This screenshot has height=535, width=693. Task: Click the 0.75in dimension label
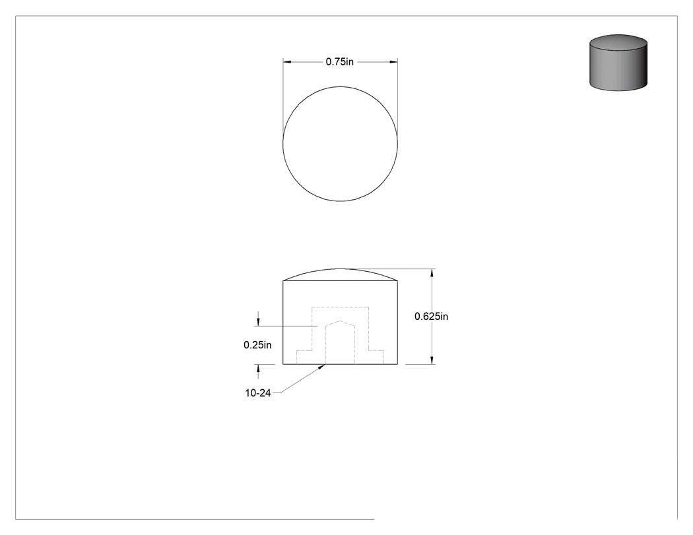[x=339, y=62]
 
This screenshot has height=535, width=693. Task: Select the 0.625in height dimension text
[x=431, y=317]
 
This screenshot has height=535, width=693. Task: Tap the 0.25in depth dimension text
[x=257, y=345]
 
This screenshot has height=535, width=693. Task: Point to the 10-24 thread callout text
[x=257, y=393]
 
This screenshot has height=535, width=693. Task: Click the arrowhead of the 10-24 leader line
[x=322, y=367]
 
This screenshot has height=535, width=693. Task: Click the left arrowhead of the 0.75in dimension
[x=287, y=62]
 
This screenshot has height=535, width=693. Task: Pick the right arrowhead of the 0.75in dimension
[x=393, y=62]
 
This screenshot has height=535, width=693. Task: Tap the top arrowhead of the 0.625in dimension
[x=432, y=273]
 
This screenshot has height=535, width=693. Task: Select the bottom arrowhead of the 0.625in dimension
[x=432, y=360]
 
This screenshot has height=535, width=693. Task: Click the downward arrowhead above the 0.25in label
[x=258, y=322]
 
